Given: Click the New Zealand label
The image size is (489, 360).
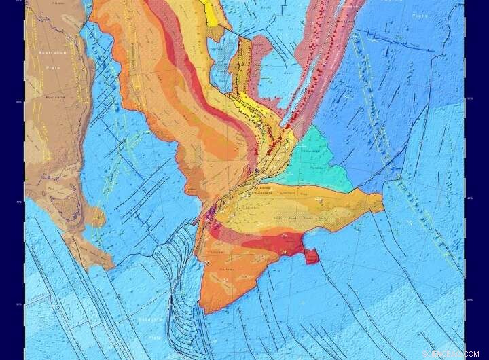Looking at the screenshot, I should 260,193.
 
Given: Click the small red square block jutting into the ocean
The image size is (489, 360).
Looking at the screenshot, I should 310,256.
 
